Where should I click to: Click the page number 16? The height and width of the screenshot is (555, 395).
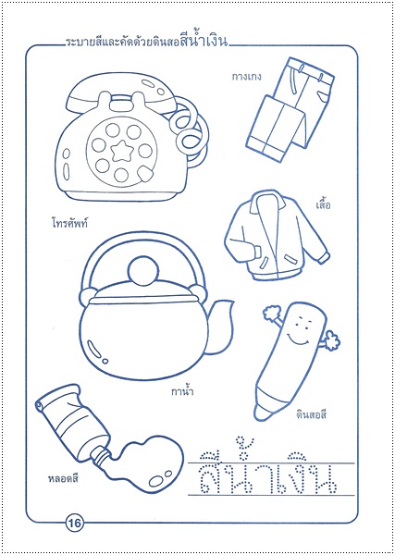point(75,522)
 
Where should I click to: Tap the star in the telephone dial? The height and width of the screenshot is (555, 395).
point(121,152)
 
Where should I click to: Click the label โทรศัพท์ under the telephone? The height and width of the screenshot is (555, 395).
point(68,223)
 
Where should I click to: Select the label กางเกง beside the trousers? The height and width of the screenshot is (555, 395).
point(246,77)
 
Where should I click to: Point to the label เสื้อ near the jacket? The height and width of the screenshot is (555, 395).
point(323,204)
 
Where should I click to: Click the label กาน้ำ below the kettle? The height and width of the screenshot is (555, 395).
point(182,391)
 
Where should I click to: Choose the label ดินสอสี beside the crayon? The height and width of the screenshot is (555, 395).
point(311,414)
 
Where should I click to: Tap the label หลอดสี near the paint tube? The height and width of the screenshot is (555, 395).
point(63,479)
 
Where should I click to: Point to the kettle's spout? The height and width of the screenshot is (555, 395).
point(219,326)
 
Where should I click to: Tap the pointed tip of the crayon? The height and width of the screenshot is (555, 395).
point(261,414)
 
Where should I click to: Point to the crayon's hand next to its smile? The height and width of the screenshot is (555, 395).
point(331,340)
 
